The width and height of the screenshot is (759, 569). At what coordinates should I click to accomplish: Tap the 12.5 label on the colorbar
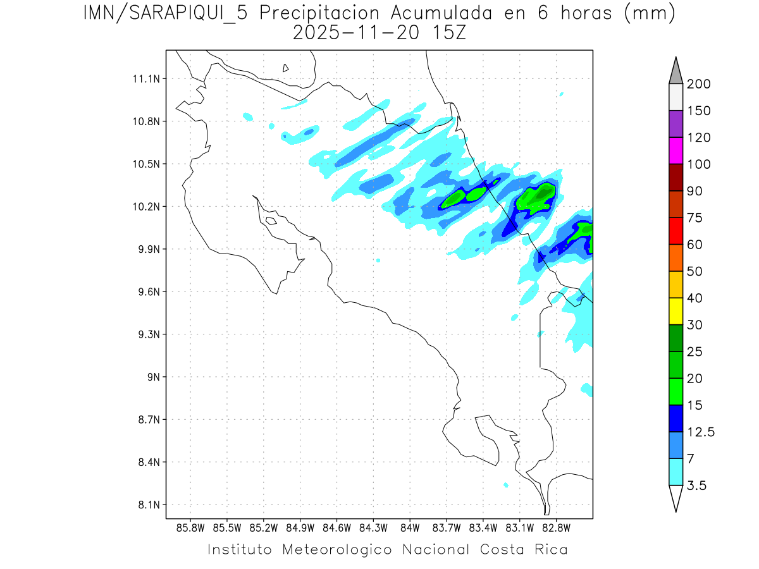701,432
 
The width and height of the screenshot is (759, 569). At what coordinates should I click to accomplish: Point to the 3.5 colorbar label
698,486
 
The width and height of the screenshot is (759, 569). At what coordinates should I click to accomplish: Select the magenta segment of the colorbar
676,150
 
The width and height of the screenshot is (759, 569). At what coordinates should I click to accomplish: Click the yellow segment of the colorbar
676,311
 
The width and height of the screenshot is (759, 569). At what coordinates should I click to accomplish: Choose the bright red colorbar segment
676,231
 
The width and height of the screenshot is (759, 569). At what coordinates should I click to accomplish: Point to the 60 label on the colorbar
694,245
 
